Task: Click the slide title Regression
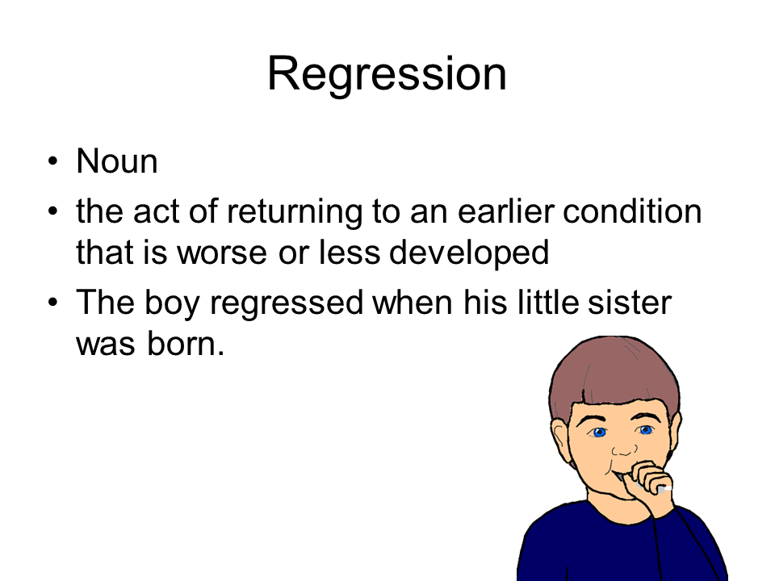tap(387, 74)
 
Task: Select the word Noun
tap(117, 161)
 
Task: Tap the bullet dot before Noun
tap(53, 161)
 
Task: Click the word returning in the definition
tap(295, 212)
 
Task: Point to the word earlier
tap(505, 211)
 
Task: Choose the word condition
tap(632, 211)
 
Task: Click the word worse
tap(223, 253)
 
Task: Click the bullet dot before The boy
tap(53, 302)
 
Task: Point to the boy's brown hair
tap(615, 370)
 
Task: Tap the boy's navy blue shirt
tap(622, 549)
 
